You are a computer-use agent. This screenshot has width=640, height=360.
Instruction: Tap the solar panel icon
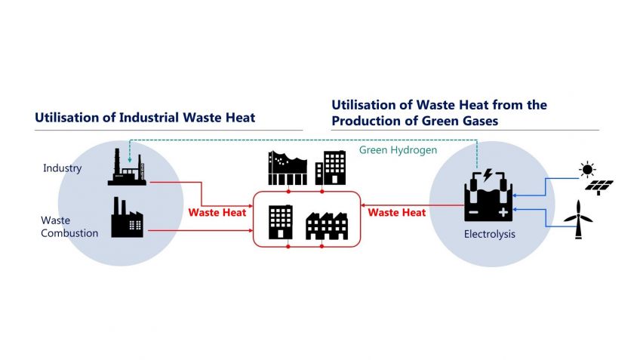coord(601,186)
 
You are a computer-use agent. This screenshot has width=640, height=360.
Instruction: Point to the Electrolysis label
coord(490,235)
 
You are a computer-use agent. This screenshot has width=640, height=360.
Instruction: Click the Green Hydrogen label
coord(398,150)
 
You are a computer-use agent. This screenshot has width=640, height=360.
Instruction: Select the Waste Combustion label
coord(69,226)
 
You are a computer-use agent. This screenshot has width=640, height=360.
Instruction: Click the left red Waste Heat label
coord(217,213)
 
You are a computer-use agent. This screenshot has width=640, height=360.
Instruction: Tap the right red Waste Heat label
coord(396,213)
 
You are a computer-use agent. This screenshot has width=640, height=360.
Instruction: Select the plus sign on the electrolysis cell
coord(503,212)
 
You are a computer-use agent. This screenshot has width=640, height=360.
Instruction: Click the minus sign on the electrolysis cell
coord(473,212)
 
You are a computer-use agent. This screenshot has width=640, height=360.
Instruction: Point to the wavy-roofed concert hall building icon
coord(288,168)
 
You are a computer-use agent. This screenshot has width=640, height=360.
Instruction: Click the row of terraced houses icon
coord(325,226)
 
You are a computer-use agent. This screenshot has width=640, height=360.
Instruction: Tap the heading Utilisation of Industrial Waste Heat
coord(145,118)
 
